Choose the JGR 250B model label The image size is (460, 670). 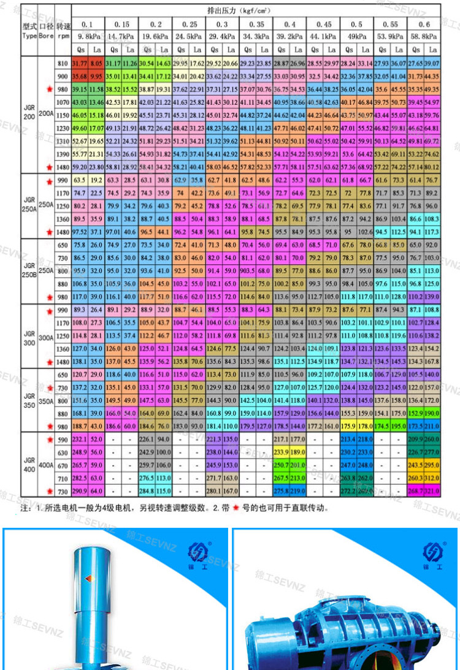[x=29, y=270]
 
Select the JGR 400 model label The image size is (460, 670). [x=29, y=464]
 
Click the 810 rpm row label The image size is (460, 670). [x=62, y=64]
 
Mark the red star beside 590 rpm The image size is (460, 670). [x=48, y=440]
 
